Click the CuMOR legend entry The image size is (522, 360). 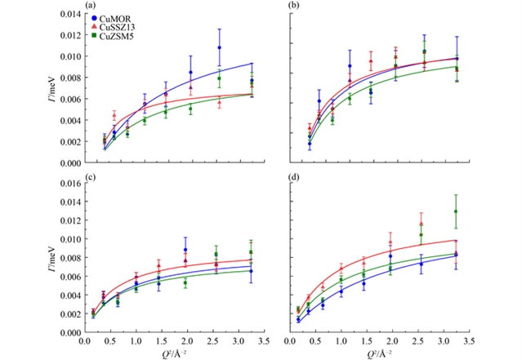[114, 17]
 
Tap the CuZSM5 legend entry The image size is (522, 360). [115, 35]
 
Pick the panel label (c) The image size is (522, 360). [88, 180]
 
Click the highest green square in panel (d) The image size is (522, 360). [456, 212]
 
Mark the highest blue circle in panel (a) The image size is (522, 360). [219, 48]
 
